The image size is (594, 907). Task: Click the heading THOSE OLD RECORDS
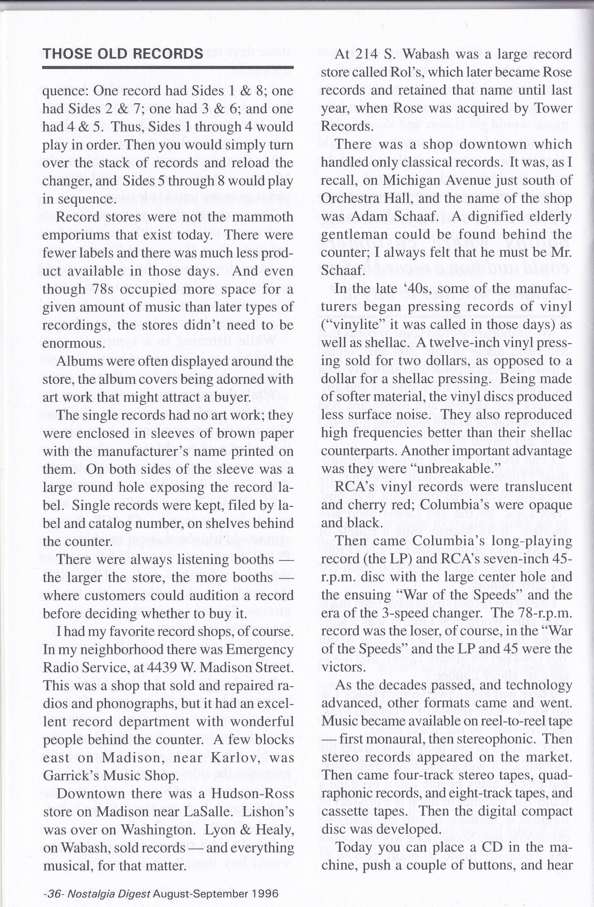[x=123, y=54]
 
